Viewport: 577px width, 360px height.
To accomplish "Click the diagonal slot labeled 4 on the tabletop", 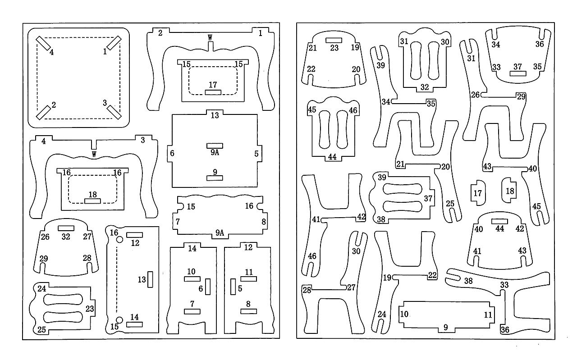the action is (43, 43).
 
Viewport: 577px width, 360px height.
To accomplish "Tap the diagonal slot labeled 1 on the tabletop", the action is (114, 43).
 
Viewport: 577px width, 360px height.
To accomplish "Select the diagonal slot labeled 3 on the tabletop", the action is (114, 112).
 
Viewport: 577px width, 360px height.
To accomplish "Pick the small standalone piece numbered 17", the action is (478, 193).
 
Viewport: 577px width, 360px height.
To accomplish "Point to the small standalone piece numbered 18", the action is (509, 190).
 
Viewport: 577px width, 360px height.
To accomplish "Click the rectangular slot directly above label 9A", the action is (215, 146).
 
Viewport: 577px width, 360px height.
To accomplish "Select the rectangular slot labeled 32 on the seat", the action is (66, 228).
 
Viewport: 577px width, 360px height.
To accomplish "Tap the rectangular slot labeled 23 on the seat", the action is (334, 40).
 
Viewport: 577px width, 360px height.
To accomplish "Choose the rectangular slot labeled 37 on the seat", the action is (518, 73).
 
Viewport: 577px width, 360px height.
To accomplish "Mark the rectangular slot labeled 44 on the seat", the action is (499, 221).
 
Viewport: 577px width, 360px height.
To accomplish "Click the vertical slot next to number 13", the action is (150, 279).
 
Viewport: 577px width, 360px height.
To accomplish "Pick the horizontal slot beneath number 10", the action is (192, 279).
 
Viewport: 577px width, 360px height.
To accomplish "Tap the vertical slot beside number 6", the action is (208, 287).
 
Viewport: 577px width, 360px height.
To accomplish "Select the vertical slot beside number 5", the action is (233, 287).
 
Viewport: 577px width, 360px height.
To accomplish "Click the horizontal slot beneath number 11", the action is (248, 279).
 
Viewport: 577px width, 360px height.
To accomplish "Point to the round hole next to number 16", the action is (120, 240).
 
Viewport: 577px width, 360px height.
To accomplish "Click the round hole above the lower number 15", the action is (120, 320).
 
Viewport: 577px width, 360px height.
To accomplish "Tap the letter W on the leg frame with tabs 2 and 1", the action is (210, 37).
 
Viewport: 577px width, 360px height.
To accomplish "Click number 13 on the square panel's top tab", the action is (215, 115).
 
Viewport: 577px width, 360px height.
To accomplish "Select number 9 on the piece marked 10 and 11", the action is (446, 327).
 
